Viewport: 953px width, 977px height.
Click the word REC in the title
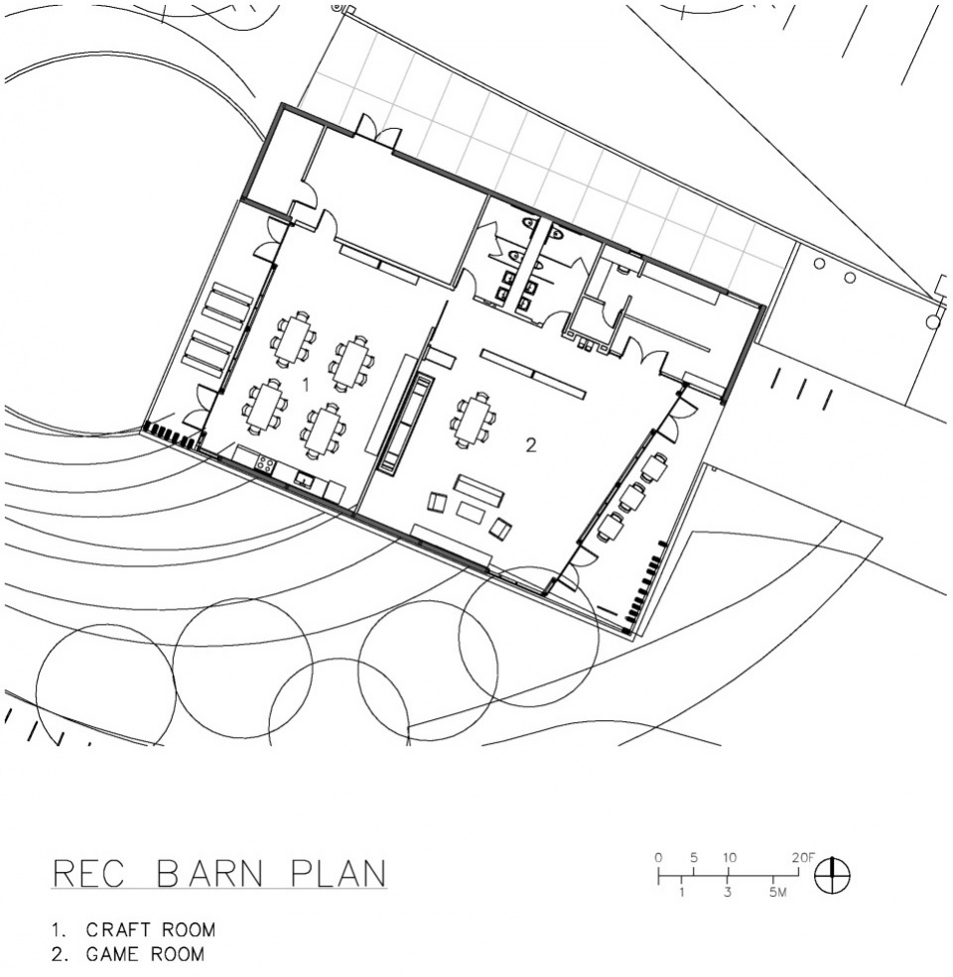(x=88, y=874)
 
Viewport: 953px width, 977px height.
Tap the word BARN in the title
(x=209, y=874)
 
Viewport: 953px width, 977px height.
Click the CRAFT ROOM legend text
(x=150, y=930)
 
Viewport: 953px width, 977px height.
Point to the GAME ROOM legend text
(x=145, y=954)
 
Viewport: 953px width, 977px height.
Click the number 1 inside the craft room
(x=306, y=385)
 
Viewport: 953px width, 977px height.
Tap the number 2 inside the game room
(x=531, y=445)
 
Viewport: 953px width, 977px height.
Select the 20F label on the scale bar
(x=803, y=857)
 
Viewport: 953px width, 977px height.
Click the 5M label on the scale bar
(x=777, y=893)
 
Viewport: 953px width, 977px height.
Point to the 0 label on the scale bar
(x=658, y=857)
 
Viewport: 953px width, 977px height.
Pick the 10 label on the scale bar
(x=729, y=857)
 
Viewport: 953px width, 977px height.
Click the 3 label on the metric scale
(x=728, y=893)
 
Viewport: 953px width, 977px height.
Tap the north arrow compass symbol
(x=832, y=876)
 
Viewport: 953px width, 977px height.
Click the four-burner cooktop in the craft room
(x=265, y=463)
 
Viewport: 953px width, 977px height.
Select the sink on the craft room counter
(x=305, y=480)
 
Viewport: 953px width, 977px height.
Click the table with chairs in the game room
(x=474, y=420)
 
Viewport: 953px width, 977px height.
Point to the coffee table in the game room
(x=471, y=512)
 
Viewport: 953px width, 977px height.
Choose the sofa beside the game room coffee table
(x=478, y=491)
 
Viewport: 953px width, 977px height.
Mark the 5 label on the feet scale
(x=694, y=857)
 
